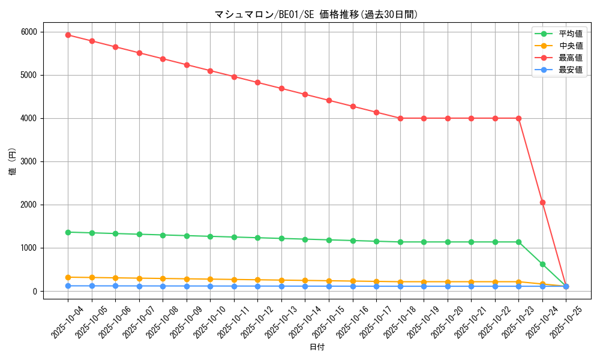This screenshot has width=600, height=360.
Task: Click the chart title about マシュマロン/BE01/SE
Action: click(x=316, y=14)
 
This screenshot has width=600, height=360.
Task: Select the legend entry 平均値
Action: click(x=571, y=34)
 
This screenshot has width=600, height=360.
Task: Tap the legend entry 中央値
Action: click(x=571, y=46)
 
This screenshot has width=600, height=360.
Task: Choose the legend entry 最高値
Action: click(x=571, y=58)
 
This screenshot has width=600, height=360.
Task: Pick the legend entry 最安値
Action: click(x=571, y=70)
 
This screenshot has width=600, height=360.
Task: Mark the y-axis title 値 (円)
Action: click(x=13, y=161)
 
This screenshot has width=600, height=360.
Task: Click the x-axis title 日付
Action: click(x=317, y=347)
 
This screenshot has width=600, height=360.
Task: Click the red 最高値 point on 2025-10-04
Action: click(x=68, y=35)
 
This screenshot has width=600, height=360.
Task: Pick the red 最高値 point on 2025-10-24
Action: click(x=542, y=202)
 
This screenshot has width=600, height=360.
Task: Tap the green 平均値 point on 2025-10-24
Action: click(x=542, y=264)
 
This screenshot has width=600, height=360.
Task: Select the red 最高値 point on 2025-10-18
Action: click(x=400, y=118)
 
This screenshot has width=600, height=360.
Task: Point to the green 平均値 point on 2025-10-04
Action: click(x=68, y=232)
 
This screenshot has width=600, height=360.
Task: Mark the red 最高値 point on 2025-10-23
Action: click(x=518, y=118)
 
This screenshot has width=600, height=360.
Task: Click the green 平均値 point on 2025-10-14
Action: click(x=305, y=239)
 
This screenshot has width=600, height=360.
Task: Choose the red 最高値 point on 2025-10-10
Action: click(x=210, y=71)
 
